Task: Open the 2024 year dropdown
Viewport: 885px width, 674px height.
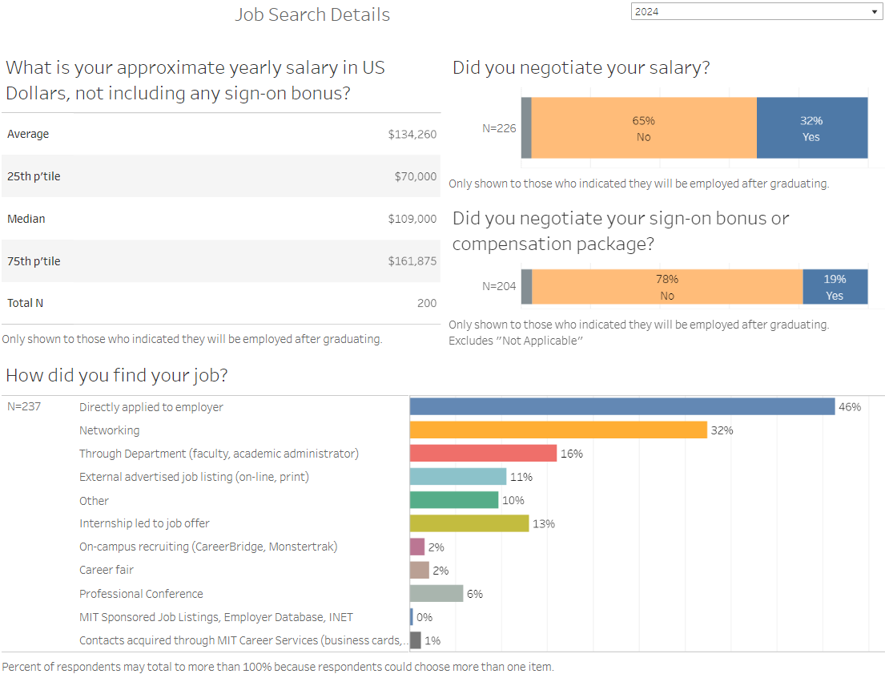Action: (755, 12)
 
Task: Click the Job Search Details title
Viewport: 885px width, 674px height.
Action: (312, 15)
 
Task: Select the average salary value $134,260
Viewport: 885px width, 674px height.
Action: (412, 135)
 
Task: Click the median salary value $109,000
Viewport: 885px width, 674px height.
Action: (412, 219)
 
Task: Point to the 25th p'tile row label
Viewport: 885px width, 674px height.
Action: (34, 176)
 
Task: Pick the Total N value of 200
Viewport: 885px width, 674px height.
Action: (427, 303)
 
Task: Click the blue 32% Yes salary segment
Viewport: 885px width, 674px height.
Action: (812, 128)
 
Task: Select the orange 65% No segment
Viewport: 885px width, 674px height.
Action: (644, 128)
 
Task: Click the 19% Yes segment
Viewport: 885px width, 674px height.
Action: (835, 287)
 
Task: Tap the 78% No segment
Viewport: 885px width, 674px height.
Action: (667, 287)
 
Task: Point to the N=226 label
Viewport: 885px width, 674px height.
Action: (499, 128)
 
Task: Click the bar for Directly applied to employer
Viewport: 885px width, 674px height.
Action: (622, 407)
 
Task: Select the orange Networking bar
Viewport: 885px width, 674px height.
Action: (558, 430)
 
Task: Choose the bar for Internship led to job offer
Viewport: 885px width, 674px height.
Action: (469, 523)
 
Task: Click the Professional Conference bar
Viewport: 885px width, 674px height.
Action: (436, 594)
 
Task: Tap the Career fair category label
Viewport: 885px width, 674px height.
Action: (107, 571)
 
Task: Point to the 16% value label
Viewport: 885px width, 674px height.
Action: (572, 454)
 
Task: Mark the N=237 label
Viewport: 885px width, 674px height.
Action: (24, 407)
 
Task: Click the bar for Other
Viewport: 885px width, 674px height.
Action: (454, 500)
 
